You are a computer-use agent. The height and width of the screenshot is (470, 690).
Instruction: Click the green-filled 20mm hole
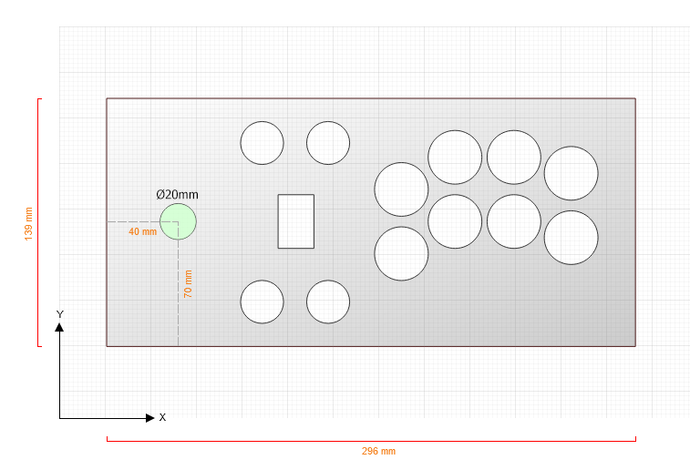(179, 221)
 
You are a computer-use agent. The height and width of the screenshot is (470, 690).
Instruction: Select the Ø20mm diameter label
(178, 194)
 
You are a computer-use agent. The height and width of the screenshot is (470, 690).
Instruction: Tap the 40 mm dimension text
(142, 231)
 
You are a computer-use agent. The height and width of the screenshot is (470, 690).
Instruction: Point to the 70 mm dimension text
(188, 284)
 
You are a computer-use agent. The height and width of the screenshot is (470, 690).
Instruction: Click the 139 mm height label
(28, 224)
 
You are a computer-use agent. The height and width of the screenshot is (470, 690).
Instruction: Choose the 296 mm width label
(378, 451)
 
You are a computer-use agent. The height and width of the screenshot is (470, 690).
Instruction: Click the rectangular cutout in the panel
(295, 221)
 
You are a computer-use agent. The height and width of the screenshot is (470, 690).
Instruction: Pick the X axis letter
(162, 418)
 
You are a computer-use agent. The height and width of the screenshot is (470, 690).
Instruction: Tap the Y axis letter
(60, 314)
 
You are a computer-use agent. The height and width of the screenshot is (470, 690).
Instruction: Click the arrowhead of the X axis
(150, 418)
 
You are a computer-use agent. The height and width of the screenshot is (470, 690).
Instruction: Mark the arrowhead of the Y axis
(59, 327)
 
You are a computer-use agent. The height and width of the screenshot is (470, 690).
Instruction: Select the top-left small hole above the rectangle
(263, 143)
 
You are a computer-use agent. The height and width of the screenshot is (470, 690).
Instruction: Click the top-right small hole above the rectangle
(328, 143)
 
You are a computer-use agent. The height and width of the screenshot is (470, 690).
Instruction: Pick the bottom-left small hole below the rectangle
(263, 301)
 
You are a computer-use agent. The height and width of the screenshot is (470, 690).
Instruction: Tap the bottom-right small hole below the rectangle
(328, 301)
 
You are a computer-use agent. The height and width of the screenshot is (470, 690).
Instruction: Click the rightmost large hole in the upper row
(572, 173)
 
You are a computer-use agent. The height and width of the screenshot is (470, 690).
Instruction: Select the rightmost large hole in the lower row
(572, 238)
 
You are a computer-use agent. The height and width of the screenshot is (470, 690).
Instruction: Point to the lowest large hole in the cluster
(401, 254)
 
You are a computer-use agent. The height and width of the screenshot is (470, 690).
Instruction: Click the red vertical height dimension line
(38, 222)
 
